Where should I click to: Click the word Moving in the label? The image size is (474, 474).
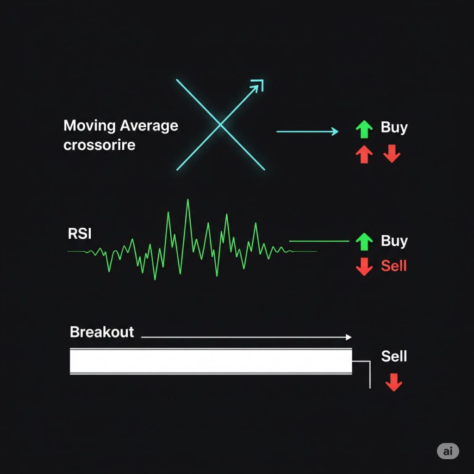[x=90, y=126]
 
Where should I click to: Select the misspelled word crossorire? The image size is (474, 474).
[x=100, y=145]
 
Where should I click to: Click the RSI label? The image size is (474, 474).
[x=80, y=234]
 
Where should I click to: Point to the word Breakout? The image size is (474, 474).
[x=102, y=332]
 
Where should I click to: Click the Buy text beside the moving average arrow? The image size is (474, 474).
[x=394, y=128]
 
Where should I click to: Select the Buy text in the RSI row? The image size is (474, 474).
[x=394, y=241]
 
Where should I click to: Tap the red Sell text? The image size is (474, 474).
[x=394, y=266]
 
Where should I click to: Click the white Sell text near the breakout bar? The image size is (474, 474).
[x=394, y=356]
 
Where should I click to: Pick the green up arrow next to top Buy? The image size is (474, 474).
[x=364, y=130]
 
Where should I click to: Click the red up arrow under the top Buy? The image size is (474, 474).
[x=364, y=154]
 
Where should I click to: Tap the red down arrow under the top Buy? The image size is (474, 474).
[x=392, y=154]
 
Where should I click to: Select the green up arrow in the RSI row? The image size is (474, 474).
[x=364, y=242]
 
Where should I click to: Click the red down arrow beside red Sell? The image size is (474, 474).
[x=364, y=267]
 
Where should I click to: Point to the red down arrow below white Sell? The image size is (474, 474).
[x=394, y=382]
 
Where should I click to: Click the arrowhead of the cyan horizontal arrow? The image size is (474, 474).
[x=336, y=131]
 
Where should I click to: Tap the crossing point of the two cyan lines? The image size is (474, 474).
[x=220, y=125]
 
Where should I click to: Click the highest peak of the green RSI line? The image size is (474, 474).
[x=188, y=200]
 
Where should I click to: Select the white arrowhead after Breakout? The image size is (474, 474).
[x=349, y=337]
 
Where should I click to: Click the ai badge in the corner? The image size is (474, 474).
[x=448, y=451]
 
